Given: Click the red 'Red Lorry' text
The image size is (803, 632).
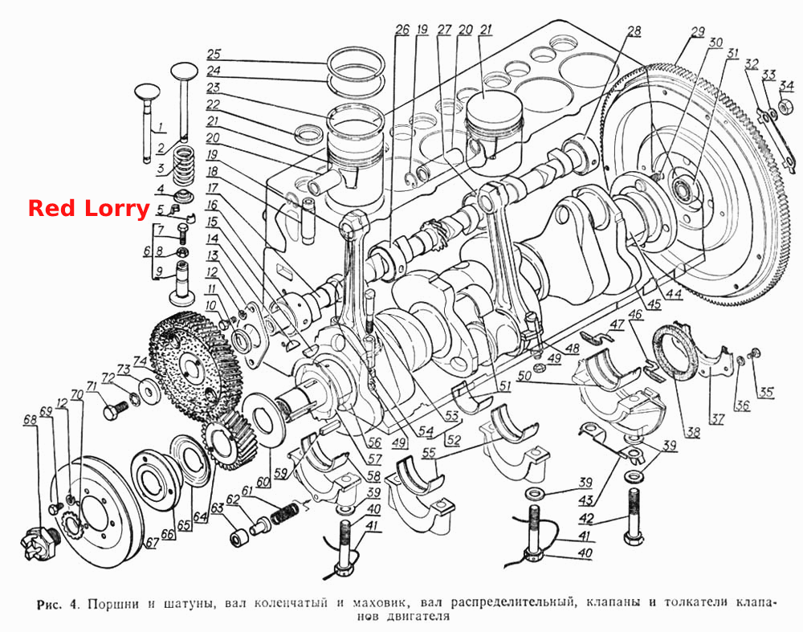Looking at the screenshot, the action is [88, 209].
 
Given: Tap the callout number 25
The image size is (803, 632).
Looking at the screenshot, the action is [214, 54].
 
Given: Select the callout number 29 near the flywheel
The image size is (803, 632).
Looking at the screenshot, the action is [698, 33].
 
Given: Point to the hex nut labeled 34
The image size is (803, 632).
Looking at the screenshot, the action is [784, 107].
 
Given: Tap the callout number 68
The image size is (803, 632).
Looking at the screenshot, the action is [31, 420].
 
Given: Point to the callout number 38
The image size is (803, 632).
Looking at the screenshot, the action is [693, 432].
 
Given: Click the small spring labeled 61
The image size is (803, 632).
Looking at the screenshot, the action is [284, 512].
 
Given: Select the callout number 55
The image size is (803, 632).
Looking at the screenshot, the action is [429, 453].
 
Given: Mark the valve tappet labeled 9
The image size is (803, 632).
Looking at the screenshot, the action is [183, 280].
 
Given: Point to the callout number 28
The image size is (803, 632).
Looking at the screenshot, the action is [634, 31].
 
